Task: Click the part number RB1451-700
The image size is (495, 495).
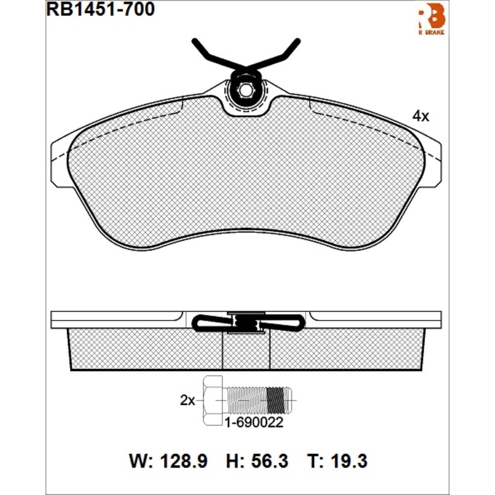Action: (x=101, y=9)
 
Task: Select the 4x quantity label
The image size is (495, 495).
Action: (x=421, y=116)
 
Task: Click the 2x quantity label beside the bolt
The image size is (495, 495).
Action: (x=187, y=401)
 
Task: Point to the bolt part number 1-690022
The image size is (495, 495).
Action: (x=254, y=423)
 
